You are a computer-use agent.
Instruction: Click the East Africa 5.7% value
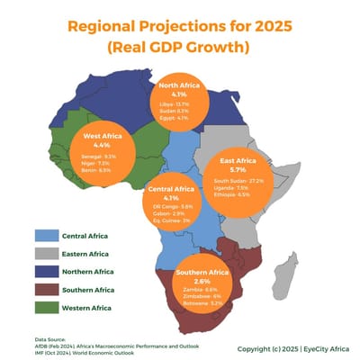(238, 169)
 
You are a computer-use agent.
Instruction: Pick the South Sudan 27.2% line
(238, 181)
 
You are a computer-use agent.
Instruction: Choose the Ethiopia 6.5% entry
(238, 193)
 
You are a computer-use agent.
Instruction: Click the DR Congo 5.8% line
(172, 206)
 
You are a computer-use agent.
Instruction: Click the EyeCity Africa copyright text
(295, 347)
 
